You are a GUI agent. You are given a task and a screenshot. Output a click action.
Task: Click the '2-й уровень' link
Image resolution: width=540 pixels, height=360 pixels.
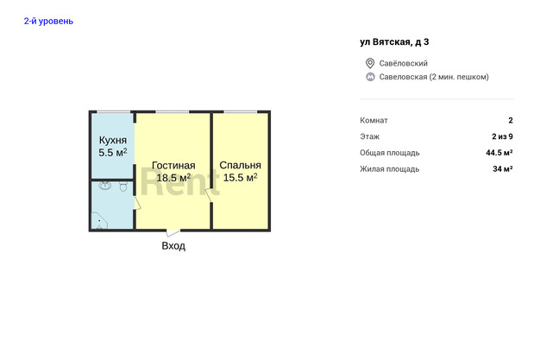tap(48, 22)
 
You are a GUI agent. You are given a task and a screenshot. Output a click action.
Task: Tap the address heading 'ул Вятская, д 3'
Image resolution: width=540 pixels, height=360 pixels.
tap(394, 42)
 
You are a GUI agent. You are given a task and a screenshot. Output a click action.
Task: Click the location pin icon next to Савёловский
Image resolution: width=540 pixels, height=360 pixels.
tap(370, 63)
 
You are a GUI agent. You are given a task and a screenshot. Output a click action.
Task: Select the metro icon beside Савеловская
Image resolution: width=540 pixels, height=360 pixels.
tap(370, 77)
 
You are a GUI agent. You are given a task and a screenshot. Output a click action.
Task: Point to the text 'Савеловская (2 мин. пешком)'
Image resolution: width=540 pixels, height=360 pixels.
tap(434, 77)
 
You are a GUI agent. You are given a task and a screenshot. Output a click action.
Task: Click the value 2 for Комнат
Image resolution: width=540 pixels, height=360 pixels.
tap(511, 120)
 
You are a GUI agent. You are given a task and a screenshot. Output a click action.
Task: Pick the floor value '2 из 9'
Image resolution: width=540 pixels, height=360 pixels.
tap(502, 136)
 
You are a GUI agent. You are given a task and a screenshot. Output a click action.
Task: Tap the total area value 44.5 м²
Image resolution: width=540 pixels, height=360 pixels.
tap(499, 153)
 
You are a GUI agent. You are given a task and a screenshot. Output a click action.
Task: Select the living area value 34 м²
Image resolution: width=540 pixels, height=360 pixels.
tap(502, 169)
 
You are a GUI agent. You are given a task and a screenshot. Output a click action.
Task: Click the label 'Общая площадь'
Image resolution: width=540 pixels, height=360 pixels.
tap(390, 153)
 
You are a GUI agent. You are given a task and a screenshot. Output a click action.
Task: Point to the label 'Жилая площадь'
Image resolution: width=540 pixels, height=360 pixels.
tap(390, 169)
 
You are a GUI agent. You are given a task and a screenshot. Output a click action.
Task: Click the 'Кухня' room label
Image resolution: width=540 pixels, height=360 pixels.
tap(113, 141)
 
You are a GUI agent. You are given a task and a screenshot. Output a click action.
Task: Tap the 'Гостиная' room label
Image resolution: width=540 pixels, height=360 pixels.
tap(173, 166)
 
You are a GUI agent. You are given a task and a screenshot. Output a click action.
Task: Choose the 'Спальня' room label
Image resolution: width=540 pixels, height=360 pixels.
tap(240, 166)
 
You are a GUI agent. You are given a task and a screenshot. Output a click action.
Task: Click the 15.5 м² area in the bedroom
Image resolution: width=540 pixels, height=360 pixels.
tap(240, 178)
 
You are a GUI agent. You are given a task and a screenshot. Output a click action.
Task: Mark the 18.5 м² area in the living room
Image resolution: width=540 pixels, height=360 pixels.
tap(173, 178)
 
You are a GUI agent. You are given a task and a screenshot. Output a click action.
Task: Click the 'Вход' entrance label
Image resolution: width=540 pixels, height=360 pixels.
tap(173, 246)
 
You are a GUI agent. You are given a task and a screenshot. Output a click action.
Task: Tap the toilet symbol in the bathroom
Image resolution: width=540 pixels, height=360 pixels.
tap(123, 186)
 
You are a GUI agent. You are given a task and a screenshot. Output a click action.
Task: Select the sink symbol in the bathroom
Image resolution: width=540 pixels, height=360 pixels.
tap(105, 186)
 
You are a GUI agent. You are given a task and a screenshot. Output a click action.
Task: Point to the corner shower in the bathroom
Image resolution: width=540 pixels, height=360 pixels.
tap(98, 221)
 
